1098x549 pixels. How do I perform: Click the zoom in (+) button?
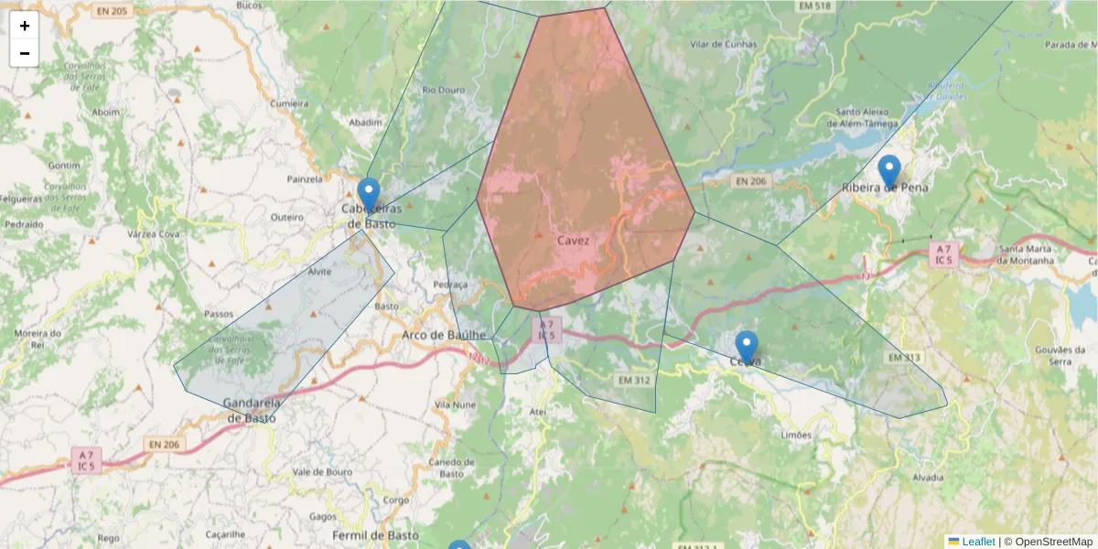[x=25, y=26]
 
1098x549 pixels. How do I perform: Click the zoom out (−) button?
[x=25, y=53]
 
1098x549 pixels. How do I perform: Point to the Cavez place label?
[x=573, y=241]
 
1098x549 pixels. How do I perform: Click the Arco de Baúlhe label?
[x=444, y=336]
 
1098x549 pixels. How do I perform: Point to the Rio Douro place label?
[x=444, y=90]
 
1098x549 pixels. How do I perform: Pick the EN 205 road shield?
[x=113, y=10]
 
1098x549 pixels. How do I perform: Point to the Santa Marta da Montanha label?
[x=1026, y=254]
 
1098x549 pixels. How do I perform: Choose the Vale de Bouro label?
[x=322, y=472]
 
